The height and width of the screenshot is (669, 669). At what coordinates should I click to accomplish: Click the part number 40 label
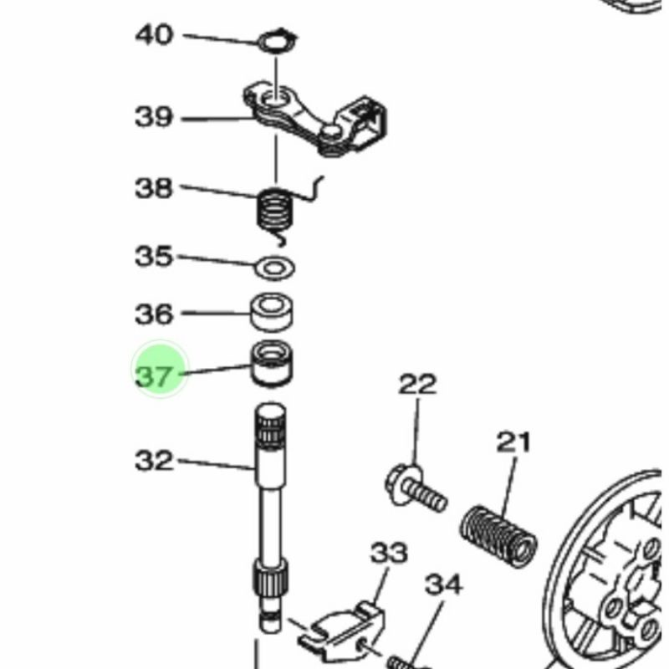point(154,35)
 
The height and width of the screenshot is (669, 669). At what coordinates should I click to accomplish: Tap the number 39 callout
point(154,116)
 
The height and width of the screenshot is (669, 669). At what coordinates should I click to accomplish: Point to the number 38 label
point(154,187)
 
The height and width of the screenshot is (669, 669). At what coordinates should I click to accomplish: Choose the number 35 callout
point(154,256)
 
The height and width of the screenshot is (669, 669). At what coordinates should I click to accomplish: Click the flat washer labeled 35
point(274,268)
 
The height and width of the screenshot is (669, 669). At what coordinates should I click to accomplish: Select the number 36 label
point(154,314)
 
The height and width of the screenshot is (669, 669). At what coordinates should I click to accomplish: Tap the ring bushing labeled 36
point(271,313)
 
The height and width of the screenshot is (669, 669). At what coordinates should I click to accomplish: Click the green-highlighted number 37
point(154,376)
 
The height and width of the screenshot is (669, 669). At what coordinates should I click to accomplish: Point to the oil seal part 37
point(271,364)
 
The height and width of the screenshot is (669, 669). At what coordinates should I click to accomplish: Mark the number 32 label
point(154,461)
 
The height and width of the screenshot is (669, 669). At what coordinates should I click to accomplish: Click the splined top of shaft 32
point(270,426)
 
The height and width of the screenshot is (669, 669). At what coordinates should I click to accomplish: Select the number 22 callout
point(417,384)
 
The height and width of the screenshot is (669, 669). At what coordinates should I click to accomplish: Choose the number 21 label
point(513,442)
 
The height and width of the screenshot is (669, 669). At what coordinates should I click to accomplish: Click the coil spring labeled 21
point(498,537)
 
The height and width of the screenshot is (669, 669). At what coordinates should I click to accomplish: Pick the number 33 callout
point(389,553)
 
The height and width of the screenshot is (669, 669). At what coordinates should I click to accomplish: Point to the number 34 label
point(444,585)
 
